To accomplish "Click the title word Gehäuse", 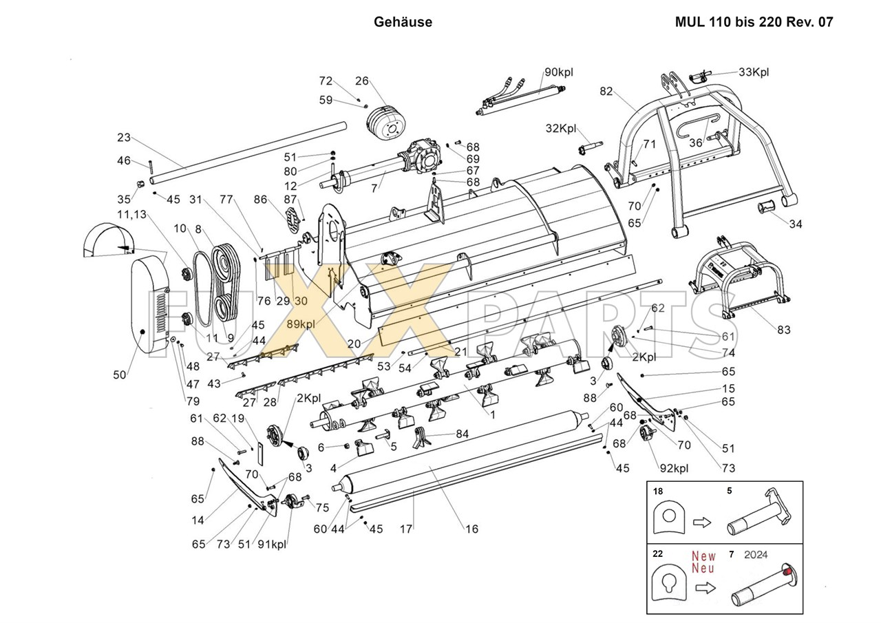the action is [x=403, y=22].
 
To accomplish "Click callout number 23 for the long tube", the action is [x=124, y=137].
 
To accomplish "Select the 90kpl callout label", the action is [x=559, y=72].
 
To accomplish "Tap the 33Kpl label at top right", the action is [x=754, y=72].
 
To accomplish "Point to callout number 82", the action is [x=606, y=92].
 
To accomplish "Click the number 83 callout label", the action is [x=783, y=330].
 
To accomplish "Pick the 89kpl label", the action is [x=301, y=324].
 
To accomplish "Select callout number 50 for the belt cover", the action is [x=120, y=374].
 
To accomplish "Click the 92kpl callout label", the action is [x=674, y=468].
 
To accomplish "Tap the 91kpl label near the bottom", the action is [x=272, y=545].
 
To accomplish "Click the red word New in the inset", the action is [x=704, y=556].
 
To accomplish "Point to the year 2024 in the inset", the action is [x=756, y=555].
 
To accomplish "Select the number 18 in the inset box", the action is [x=657, y=492].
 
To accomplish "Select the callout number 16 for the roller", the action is [x=471, y=529].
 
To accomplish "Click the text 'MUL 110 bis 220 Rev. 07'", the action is [x=754, y=22].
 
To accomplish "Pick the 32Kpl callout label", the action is [x=561, y=129].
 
